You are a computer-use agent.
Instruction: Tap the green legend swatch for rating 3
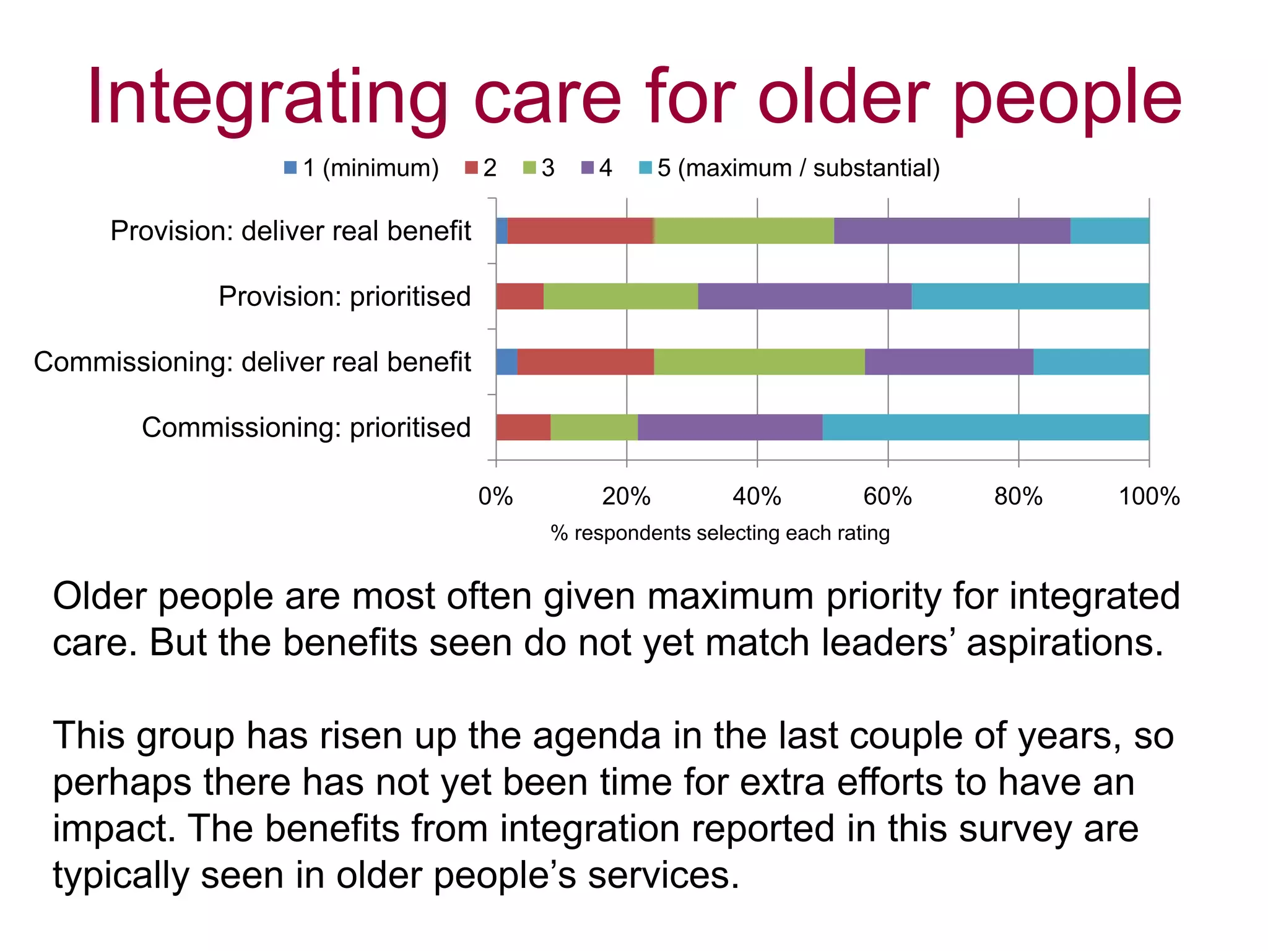pos(529,168)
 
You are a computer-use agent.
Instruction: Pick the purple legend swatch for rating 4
pos(588,168)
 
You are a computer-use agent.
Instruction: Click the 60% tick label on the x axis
pos(887,497)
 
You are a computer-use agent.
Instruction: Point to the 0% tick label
pos(495,497)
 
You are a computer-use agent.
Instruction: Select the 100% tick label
pos(1149,497)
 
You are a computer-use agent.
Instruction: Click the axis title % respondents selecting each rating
pos(720,533)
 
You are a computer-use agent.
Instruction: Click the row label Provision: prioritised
pos(344,296)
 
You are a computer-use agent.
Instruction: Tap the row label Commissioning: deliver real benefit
pos(252,362)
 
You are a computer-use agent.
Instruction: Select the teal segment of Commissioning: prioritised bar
pos(986,427)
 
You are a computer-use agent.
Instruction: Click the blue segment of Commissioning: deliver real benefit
pos(506,362)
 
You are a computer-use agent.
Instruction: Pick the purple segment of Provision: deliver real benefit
pos(952,231)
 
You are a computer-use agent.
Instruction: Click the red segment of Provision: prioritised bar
pos(519,296)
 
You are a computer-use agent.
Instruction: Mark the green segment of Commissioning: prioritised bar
pos(594,427)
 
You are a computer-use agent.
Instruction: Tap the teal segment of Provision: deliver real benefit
pos(1109,231)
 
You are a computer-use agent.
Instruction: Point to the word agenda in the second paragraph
pos(596,737)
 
